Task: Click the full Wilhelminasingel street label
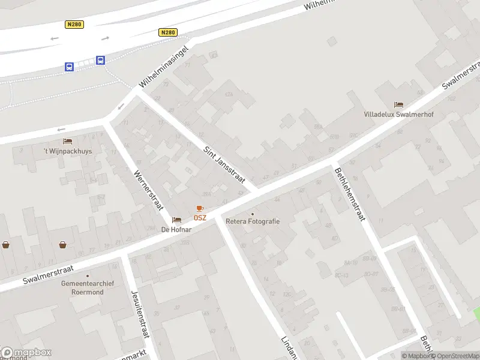[x=164, y=65]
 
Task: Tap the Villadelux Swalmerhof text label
[x=398, y=115]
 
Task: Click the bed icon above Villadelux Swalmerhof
[x=398, y=104]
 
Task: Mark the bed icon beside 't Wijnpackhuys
[x=68, y=142]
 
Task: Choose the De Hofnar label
[x=176, y=229]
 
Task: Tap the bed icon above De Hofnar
[x=176, y=220]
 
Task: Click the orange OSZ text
[x=200, y=217]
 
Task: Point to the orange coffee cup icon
[x=200, y=208]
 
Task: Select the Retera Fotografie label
[x=253, y=221]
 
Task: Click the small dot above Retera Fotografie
[x=253, y=213]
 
